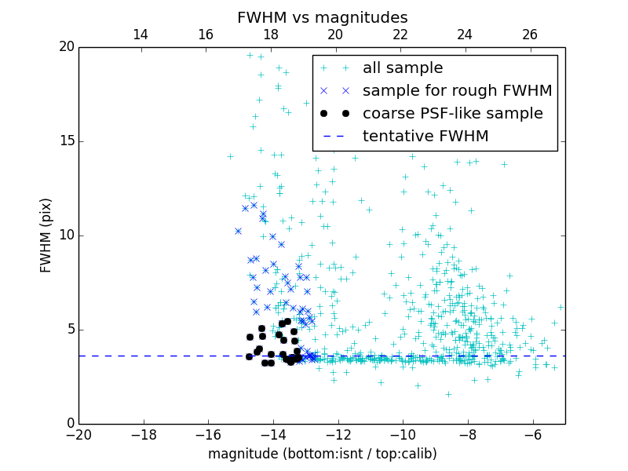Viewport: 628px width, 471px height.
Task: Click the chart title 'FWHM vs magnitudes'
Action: (322, 17)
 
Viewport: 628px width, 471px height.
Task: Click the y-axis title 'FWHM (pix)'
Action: (46, 235)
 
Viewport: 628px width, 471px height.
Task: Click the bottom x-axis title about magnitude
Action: (322, 454)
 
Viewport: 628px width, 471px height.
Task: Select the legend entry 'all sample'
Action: (402, 68)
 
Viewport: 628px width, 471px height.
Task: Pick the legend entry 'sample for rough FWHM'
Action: (457, 91)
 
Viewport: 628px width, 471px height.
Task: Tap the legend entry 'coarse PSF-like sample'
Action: (452, 114)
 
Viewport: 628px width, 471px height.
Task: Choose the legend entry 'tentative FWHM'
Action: (425, 137)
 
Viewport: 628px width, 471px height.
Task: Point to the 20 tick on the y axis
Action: (65, 47)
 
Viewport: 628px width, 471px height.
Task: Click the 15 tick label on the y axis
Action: (65, 141)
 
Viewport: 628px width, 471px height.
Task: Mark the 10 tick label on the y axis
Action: (65, 235)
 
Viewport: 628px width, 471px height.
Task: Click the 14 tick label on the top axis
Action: (141, 35)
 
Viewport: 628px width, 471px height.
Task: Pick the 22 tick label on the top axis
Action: (400, 35)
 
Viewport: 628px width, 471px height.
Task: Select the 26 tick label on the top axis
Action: (530, 35)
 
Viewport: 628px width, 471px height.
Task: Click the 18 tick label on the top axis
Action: (271, 35)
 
